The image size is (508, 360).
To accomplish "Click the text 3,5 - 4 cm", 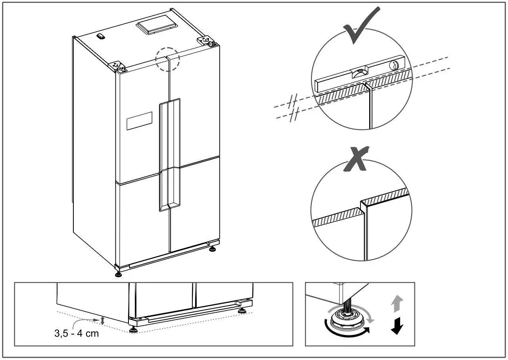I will [77, 333].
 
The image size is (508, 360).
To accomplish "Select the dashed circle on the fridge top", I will [168, 59].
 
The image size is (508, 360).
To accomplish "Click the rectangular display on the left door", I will [139, 121].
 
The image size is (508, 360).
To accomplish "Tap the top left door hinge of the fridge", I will [118, 66].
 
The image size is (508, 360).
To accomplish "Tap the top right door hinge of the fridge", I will [206, 41].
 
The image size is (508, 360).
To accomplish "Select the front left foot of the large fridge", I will [118, 274].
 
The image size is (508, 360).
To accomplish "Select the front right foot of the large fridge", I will [213, 250].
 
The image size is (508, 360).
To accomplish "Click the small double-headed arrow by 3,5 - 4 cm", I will [103, 321].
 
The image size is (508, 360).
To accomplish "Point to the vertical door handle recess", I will [169, 155].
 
